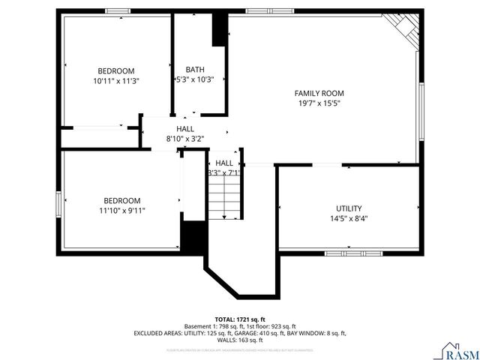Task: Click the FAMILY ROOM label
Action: click(x=324, y=93)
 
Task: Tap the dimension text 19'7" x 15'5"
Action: click(x=324, y=103)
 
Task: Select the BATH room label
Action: click(x=194, y=70)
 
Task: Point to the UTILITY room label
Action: click(x=349, y=208)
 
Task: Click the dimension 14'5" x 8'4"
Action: click(x=349, y=219)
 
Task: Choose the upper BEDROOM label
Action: click(x=116, y=70)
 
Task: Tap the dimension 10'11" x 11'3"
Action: click(x=116, y=80)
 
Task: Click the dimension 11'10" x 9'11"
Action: click(x=122, y=211)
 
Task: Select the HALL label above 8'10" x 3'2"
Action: click(x=185, y=129)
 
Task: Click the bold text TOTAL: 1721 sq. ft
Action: click(x=240, y=319)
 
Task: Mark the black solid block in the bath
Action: click(x=220, y=30)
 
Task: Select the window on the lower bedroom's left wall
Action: click(x=59, y=204)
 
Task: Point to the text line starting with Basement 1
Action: click(x=240, y=326)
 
